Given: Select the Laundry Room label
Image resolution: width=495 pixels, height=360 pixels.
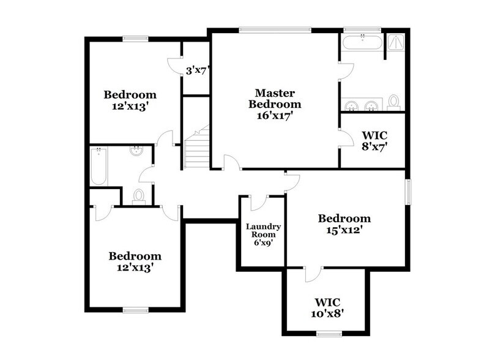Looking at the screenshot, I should tap(260, 230).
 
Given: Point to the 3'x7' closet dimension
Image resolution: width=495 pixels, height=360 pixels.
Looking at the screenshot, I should tap(198, 70).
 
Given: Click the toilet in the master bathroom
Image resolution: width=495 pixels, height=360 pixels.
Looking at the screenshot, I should tap(393, 102).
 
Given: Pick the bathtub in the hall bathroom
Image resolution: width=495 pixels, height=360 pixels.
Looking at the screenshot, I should tap(99, 167).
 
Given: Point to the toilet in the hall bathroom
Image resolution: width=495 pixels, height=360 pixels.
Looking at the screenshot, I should tap(139, 195).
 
